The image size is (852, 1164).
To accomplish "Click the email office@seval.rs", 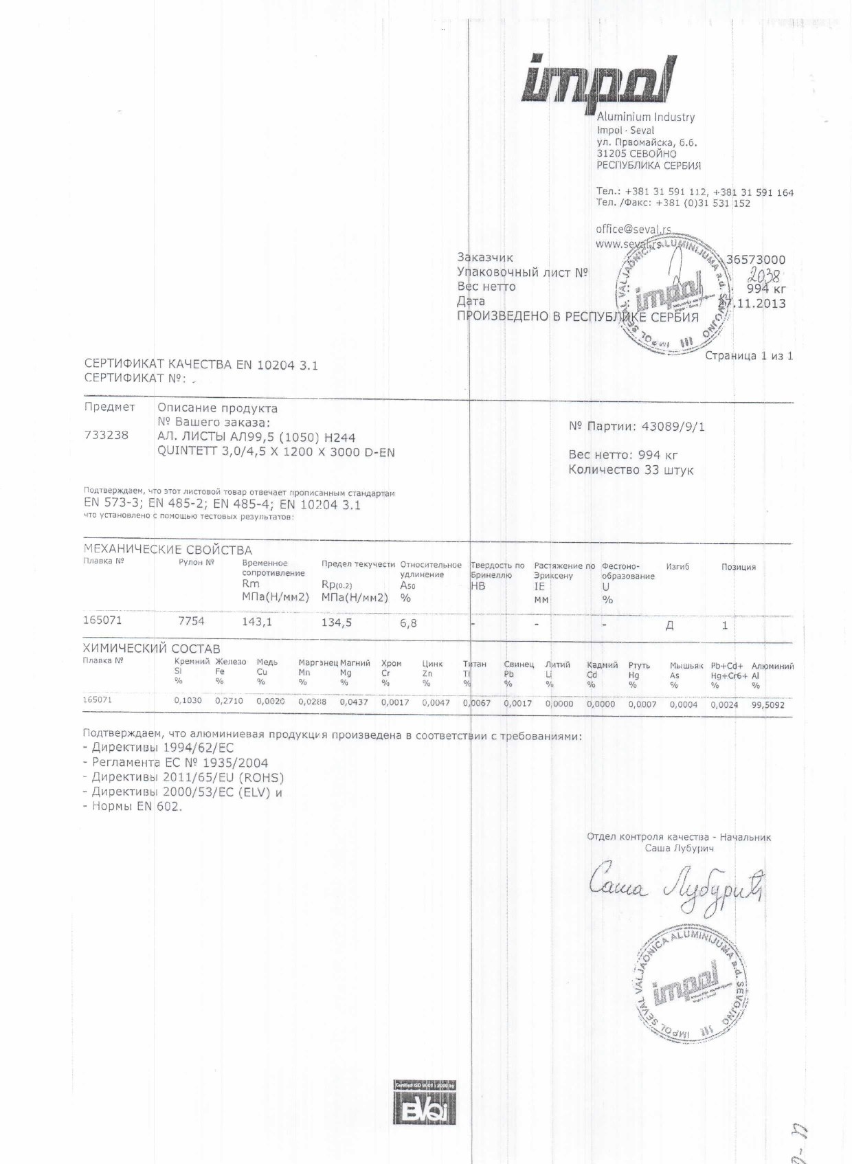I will [633, 230].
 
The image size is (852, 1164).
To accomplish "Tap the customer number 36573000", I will [755, 260].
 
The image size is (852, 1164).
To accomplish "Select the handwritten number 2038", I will [764, 276].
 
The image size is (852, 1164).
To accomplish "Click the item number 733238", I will [106, 435].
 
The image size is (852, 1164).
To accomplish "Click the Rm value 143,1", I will [257, 622].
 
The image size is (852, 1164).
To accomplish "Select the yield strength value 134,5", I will [337, 623].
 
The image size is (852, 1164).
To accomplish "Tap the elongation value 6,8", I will [408, 623].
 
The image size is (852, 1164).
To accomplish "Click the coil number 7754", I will [191, 620].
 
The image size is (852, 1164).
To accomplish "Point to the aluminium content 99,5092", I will [767, 704].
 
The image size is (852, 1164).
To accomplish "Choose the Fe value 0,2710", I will [229, 702].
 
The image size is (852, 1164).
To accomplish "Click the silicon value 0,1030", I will [188, 701].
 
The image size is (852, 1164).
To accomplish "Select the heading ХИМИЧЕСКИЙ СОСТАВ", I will [151, 649].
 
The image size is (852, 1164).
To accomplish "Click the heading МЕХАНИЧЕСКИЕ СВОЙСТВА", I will [168, 550].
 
